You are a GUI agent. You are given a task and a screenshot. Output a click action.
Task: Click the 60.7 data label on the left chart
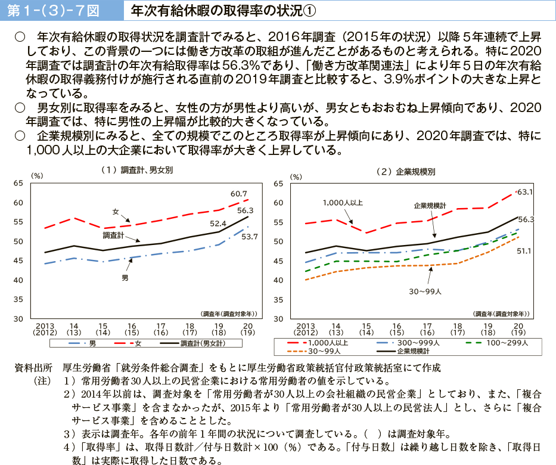pos(239,193)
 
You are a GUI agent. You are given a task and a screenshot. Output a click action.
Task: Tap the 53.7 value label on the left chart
pos(249,237)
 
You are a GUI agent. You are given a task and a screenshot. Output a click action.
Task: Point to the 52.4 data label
pos(218,224)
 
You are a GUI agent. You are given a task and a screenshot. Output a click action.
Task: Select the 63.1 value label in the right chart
pos(525,192)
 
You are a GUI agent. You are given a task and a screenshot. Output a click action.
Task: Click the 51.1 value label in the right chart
pos(524,251)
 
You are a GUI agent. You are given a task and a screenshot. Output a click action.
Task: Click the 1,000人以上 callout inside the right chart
pos(343,203)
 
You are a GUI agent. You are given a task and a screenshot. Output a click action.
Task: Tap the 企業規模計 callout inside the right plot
pos(430,205)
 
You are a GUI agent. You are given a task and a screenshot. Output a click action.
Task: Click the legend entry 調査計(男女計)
pos(202,343)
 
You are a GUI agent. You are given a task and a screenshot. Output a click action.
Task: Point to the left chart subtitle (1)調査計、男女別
pos(137,170)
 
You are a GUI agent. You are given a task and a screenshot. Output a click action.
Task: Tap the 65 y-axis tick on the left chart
pos(18,184)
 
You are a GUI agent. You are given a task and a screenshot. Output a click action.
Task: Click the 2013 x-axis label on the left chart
pos(45,325)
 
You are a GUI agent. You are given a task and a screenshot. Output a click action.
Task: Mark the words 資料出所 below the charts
pos(33,368)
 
